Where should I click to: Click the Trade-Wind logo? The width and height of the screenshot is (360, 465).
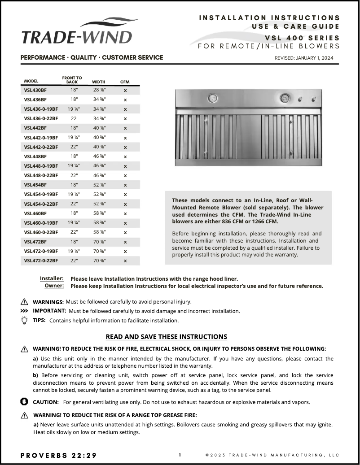tap(77, 31)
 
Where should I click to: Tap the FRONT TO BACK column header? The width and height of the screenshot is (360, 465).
tap(72, 80)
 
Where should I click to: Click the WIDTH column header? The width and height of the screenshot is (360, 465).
tap(99, 82)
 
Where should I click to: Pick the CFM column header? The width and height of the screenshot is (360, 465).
tap(125, 82)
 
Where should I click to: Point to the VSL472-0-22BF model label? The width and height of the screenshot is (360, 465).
tap(41, 261)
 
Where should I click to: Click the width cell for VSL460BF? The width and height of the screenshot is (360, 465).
tap(99, 213)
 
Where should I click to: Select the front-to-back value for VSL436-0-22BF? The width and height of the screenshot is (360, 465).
tap(74, 118)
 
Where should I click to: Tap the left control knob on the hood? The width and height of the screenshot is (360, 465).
tap(212, 98)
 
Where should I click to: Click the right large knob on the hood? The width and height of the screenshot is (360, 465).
tap(284, 98)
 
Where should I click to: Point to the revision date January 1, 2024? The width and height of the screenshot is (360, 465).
tap(304, 58)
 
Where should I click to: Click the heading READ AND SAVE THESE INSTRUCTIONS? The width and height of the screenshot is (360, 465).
tap(166, 336)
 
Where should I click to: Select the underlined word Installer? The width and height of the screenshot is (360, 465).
tap(52, 278)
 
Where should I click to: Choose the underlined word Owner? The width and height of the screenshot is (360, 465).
tap(54, 286)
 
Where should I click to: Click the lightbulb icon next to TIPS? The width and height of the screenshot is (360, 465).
tap(24, 320)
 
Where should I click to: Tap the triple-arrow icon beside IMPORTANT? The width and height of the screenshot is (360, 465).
tap(24, 311)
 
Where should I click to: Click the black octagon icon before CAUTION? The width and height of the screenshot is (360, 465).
tap(24, 401)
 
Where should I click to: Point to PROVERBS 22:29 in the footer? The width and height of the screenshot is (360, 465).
tap(58, 456)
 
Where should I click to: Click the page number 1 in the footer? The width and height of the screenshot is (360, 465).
tap(180, 455)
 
